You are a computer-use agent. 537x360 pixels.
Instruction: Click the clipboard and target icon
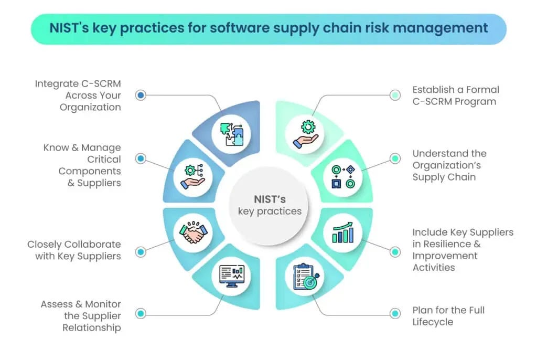pyautogui.click(x=308, y=276)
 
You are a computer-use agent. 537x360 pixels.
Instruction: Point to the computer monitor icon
pyautogui.click(x=232, y=276)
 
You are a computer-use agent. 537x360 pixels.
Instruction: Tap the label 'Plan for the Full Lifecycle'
pyautogui.click(x=448, y=316)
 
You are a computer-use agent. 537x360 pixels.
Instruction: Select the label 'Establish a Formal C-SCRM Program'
pyautogui.click(x=455, y=96)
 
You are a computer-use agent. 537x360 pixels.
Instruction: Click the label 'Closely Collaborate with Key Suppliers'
pyautogui.click(x=74, y=250)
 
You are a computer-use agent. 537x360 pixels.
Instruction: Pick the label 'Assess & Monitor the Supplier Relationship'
pyautogui.click(x=81, y=316)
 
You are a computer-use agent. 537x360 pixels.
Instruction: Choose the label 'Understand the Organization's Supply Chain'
pyautogui.click(x=449, y=165)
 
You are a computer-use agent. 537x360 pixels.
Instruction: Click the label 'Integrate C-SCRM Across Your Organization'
pyautogui.click(x=78, y=96)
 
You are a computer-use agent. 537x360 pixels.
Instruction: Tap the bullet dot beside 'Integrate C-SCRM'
pyautogui.click(x=141, y=95)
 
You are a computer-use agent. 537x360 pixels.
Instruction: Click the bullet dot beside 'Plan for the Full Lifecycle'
pyautogui.click(x=395, y=314)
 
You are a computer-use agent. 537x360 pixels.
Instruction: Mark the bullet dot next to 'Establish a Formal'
pyautogui.click(x=395, y=95)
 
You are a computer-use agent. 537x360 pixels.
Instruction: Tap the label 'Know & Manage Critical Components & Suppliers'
pyautogui.click(x=82, y=165)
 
